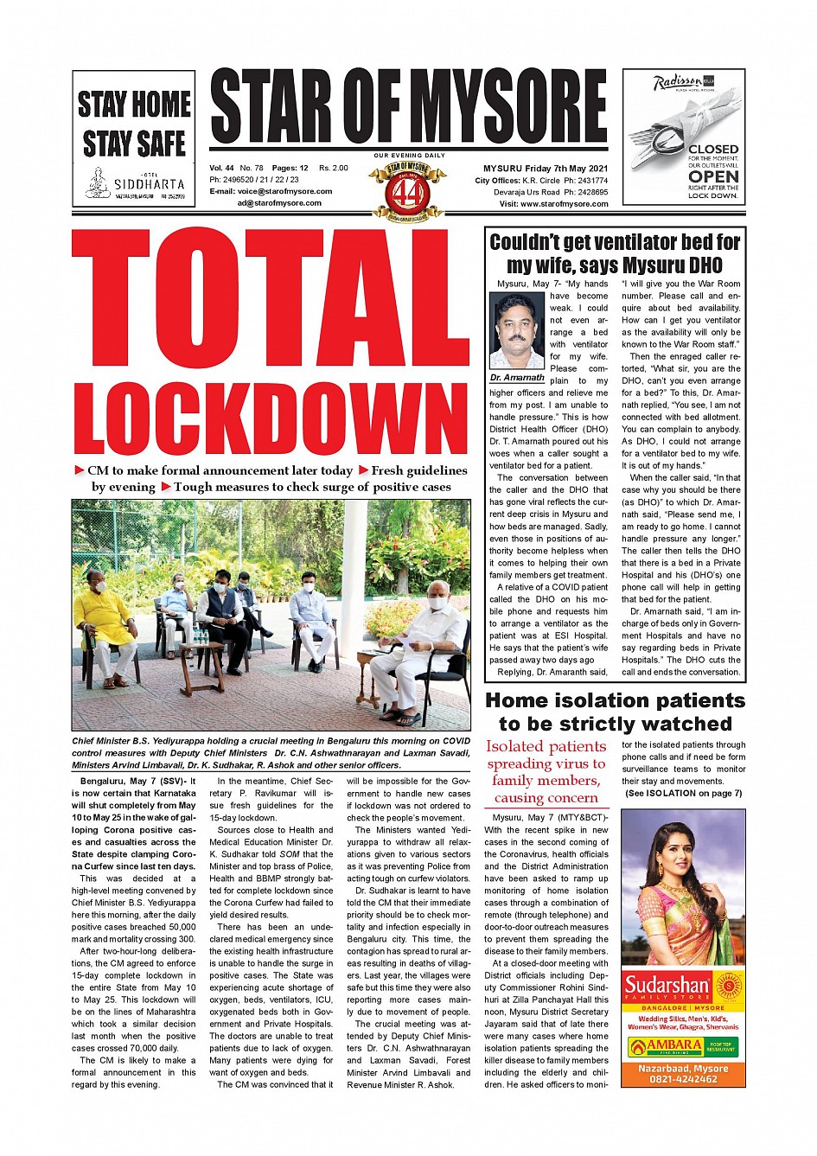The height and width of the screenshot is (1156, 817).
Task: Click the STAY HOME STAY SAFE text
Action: point(134,123)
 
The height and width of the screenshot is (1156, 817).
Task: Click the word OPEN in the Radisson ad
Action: point(713,176)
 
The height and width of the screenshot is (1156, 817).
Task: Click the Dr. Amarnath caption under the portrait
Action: point(517,378)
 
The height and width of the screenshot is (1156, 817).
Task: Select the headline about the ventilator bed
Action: point(615,253)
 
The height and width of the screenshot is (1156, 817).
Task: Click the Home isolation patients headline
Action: point(615,712)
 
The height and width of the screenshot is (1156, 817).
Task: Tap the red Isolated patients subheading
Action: point(546,771)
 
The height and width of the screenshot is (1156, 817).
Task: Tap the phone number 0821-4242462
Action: point(683,1079)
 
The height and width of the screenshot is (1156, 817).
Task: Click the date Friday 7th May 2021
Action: point(567,169)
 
